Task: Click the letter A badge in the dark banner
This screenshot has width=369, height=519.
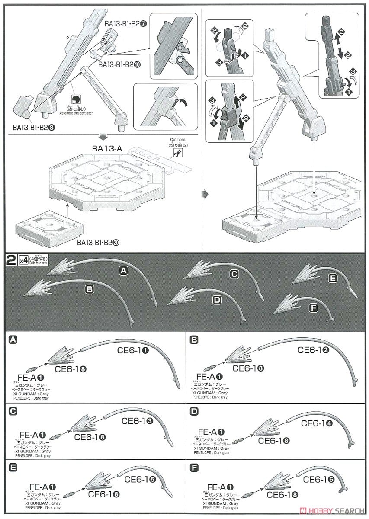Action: [124, 271]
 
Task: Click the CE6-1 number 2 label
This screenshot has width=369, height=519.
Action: [315, 350]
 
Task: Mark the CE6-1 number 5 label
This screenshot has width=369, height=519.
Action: [140, 479]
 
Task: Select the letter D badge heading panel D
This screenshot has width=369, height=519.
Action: [194, 410]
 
